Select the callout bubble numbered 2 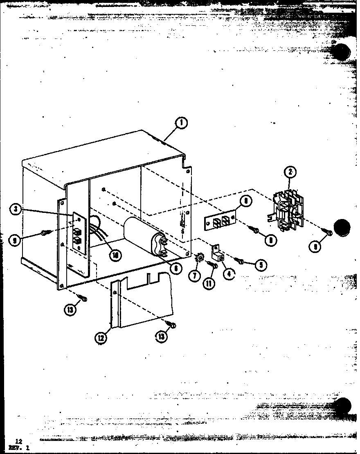click(290, 172)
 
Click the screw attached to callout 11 click(213, 267)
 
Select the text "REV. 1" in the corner click(16, 448)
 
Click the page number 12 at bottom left click(18, 441)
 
